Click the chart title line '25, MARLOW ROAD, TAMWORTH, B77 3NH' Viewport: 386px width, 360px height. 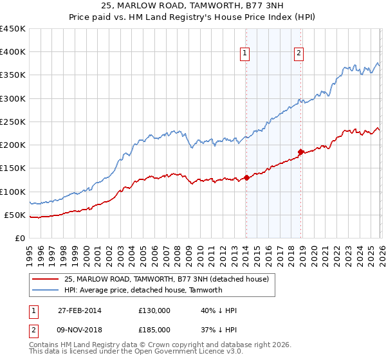tap(192, 6)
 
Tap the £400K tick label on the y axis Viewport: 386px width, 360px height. tap(13, 52)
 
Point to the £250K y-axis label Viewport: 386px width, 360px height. tap(13, 122)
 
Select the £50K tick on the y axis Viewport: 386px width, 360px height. tap(15, 215)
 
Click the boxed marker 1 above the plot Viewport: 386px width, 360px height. tap(246, 54)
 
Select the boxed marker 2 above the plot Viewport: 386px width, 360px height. tap(300, 54)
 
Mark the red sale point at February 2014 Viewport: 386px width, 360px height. tap(246, 177)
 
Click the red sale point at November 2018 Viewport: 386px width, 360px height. tap(300, 152)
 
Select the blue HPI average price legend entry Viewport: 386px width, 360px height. tap(143, 290)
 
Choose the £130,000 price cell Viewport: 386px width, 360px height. tap(154, 310)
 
